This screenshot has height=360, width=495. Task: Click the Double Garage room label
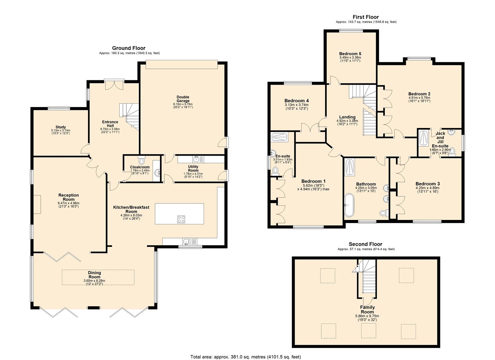coord(183,99)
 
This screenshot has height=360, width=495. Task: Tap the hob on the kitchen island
coord(181,219)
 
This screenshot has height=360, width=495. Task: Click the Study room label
coord(61,127)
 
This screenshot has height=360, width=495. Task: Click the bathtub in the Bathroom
coord(349,205)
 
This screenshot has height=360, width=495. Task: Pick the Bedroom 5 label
coord(350,54)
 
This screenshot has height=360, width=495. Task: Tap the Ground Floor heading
coord(129,48)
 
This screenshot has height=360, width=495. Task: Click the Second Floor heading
coord(365,244)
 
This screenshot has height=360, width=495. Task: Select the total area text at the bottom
coord(245,357)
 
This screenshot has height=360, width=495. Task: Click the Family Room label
coord(367,310)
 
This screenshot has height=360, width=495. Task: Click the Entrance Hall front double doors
coord(114,85)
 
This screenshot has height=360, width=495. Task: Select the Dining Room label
coord(94,275)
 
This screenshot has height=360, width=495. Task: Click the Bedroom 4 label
coord(296,101)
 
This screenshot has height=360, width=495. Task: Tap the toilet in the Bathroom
coord(384,213)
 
